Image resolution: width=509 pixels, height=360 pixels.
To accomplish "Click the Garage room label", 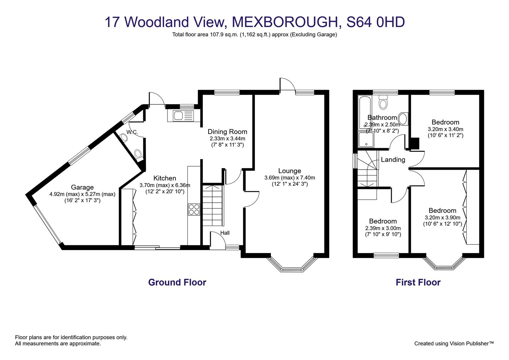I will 82,187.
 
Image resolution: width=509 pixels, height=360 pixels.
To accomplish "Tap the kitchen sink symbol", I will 183,116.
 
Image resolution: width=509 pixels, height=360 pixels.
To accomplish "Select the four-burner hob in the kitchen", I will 194,209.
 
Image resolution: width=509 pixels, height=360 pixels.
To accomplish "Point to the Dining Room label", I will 227,132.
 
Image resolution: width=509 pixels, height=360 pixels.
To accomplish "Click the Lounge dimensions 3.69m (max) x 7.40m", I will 289,178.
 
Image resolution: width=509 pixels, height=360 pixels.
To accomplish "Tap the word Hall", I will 225,233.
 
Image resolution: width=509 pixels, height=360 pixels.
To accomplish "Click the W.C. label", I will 132,132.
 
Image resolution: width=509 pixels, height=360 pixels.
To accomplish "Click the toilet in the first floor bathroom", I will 383,102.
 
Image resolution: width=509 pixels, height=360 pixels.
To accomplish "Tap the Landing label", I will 393,160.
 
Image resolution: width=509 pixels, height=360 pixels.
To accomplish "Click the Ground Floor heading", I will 177,282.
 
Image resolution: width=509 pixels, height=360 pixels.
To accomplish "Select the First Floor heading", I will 418,282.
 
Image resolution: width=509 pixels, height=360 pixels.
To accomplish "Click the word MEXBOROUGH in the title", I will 284,22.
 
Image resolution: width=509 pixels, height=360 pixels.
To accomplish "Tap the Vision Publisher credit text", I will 454,343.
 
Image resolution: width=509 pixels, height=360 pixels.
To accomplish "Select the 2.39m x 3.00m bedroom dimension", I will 383,228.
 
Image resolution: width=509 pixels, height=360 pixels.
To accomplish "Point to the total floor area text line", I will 254,34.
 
